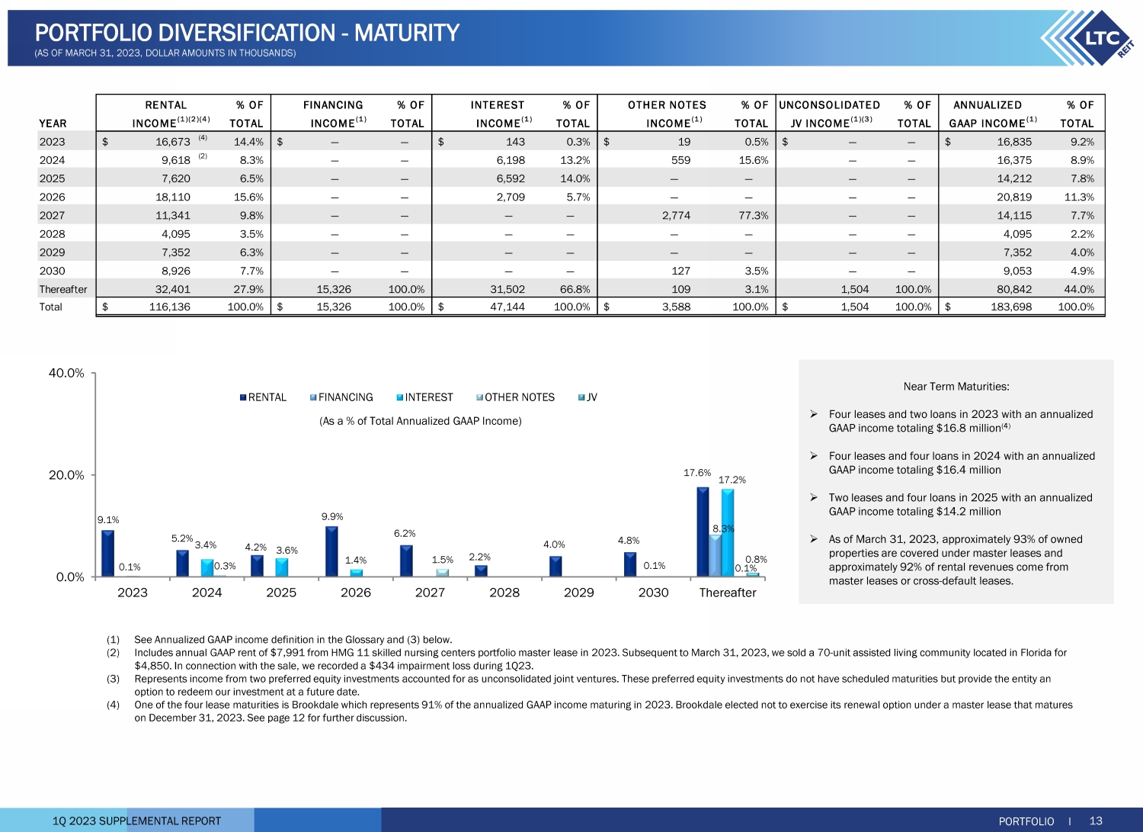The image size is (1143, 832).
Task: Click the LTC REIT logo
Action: point(1090,38)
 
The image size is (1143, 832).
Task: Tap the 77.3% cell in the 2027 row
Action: point(753,215)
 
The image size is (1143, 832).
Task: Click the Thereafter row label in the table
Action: point(63,289)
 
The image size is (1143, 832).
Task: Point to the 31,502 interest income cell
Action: point(507,289)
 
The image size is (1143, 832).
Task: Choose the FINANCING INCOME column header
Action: point(334,114)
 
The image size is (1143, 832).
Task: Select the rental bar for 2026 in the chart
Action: point(331,551)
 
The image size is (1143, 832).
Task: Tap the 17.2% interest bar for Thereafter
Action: point(728,532)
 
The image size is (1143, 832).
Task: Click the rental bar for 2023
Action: point(107,553)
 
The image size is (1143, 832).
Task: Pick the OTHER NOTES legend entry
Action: point(519,397)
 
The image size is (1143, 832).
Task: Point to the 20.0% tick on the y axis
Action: point(66,475)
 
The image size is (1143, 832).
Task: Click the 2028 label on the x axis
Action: point(504,593)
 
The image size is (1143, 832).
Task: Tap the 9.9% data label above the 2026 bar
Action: point(332,516)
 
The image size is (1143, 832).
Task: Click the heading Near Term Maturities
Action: point(956,387)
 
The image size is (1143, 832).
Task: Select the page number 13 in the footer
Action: point(1096,821)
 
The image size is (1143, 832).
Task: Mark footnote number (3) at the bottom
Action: point(113,679)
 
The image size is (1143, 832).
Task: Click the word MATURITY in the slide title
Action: point(407,33)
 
